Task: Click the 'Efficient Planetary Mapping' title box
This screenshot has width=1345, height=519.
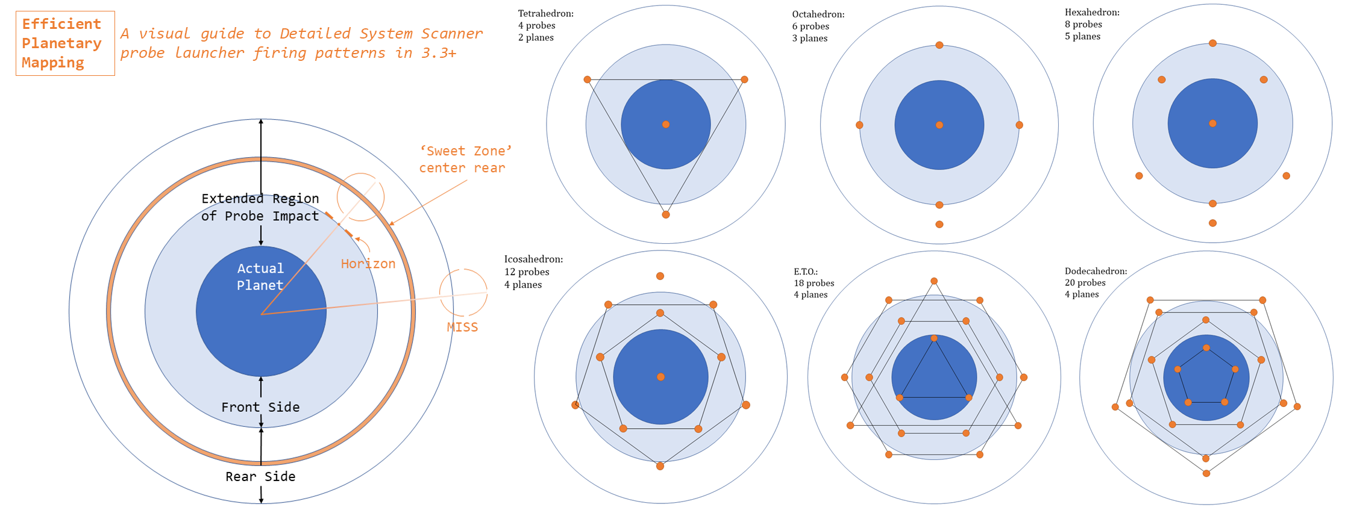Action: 65,43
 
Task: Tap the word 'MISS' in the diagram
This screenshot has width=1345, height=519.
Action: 462,327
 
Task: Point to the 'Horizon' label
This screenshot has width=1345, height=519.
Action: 368,264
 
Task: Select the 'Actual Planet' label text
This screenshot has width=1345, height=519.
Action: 260,277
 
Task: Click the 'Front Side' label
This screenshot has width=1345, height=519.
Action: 260,407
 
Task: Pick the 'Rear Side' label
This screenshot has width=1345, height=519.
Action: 260,476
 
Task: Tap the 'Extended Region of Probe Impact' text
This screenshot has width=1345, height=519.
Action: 260,207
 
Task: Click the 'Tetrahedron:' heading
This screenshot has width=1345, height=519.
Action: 546,13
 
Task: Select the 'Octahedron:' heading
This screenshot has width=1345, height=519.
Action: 818,14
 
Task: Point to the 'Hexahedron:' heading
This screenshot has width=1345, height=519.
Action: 1092,12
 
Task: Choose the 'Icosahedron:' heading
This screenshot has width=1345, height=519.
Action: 533,259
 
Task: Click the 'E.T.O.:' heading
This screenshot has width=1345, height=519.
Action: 806,272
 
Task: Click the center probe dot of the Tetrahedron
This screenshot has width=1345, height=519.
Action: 666,125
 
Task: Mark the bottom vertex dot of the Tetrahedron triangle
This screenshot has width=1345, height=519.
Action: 666,214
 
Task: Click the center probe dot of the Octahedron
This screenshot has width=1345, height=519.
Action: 939,125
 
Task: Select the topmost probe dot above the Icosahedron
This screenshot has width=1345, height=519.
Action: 660,276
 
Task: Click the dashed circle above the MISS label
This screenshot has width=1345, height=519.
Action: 463,293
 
